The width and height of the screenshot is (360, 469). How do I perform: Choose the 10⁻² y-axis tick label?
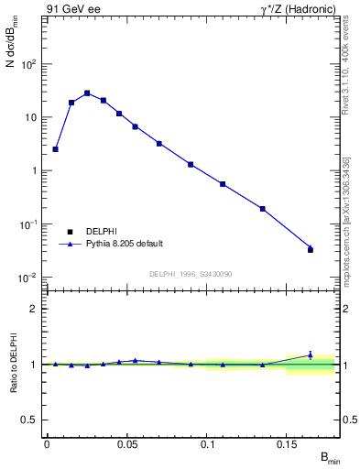coord(27,278)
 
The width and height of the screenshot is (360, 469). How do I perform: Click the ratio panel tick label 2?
coord(33,309)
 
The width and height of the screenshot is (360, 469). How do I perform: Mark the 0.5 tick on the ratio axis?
coord(29,420)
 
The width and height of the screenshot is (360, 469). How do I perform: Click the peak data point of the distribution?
coord(87,93)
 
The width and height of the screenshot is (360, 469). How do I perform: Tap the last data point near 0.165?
coord(311,249)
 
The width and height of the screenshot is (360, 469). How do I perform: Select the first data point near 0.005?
coord(55,148)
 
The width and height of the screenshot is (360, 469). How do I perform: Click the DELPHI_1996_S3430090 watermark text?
coord(191,274)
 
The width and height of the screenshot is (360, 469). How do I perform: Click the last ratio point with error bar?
coord(311,355)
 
